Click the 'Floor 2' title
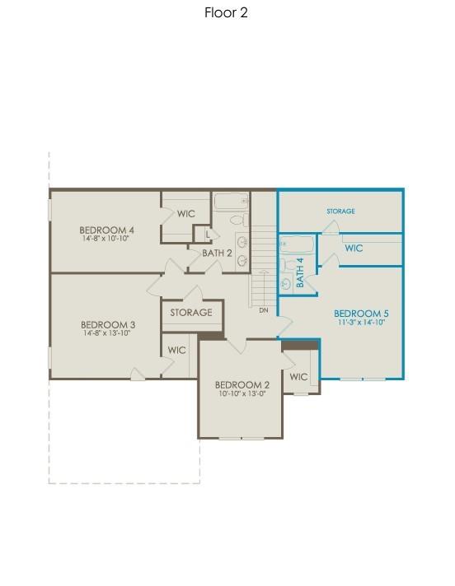click(226, 12)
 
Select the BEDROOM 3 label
click(109, 324)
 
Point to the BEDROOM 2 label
click(242, 384)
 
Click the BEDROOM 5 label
click(361, 314)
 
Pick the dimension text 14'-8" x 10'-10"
click(106, 239)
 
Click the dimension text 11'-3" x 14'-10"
click(361, 323)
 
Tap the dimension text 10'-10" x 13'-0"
click(242, 393)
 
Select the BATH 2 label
click(217, 253)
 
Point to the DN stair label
click(264, 310)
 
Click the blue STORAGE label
click(340, 212)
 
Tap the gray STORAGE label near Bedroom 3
click(191, 313)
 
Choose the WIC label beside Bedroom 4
click(186, 214)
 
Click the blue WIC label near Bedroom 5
click(354, 248)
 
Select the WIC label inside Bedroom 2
click(298, 377)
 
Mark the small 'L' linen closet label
click(209, 235)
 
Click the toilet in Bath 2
click(237, 220)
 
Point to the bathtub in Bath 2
click(231, 201)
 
